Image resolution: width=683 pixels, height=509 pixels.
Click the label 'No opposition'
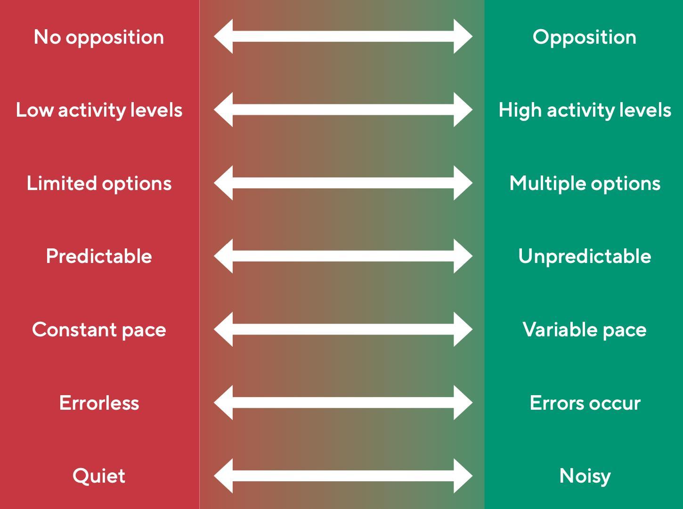click(x=99, y=37)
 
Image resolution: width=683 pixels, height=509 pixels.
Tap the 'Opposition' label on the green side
click(x=584, y=37)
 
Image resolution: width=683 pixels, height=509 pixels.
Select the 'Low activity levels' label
click(x=99, y=110)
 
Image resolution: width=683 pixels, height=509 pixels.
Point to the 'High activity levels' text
click(x=585, y=110)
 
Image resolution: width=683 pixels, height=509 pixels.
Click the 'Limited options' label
click(x=99, y=183)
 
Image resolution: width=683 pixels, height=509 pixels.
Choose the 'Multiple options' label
click(x=585, y=183)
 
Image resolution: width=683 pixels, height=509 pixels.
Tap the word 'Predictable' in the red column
click(x=99, y=256)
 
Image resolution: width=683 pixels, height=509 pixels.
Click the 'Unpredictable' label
click(x=585, y=256)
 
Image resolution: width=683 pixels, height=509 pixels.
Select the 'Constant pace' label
click(x=99, y=329)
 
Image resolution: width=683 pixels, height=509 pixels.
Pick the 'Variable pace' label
click(x=584, y=329)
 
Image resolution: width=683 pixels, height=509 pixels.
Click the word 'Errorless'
click(x=99, y=403)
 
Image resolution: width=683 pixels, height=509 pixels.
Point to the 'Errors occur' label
click(x=585, y=403)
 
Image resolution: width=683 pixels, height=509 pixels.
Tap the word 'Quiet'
click(x=99, y=476)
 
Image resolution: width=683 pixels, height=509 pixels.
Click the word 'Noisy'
click(x=585, y=476)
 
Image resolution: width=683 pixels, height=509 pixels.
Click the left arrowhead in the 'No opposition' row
click(x=224, y=36)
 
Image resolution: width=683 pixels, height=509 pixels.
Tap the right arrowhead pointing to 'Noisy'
click(x=462, y=476)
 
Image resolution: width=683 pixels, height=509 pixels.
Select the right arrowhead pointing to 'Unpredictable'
click(x=462, y=256)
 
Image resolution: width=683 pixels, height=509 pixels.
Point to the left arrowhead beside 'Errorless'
click(x=224, y=402)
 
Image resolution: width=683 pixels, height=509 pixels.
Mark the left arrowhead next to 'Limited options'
click(x=224, y=183)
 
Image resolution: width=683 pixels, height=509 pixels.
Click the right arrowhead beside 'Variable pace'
click(x=462, y=329)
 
